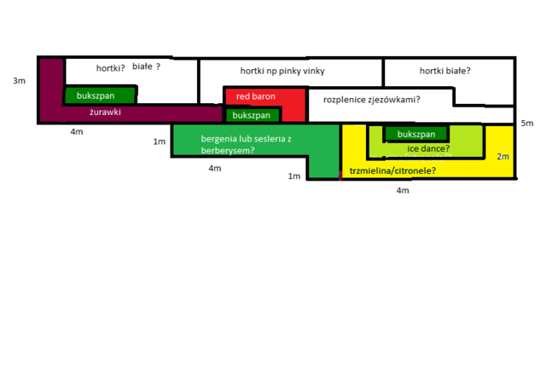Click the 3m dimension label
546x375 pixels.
19,81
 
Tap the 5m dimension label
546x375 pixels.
527,123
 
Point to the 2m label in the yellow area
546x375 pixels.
502,157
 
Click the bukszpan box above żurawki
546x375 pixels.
100,95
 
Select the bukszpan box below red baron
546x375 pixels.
253,115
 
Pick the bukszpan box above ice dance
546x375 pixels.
416,134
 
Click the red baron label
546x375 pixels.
256,96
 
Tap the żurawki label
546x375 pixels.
105,112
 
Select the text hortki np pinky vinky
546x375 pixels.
282,71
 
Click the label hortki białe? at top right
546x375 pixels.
445,71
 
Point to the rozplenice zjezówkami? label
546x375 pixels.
372,100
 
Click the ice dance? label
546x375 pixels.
428,148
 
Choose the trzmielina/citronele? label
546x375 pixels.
392,170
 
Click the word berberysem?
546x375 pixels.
228,151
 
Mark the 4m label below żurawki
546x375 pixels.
77,132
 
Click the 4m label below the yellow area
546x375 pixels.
403,191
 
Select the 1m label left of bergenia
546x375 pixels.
160,141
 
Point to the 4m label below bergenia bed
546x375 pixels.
215,169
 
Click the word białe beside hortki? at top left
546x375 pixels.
142,66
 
